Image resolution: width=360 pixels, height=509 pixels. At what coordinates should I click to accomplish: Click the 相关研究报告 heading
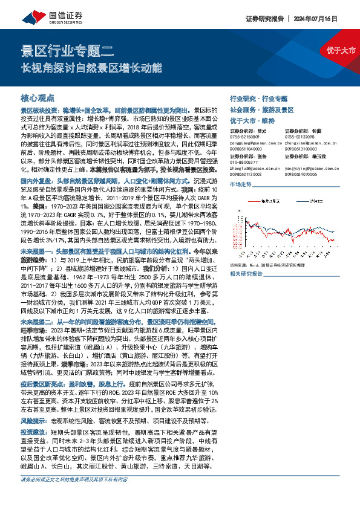click(x=247, y=274)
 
